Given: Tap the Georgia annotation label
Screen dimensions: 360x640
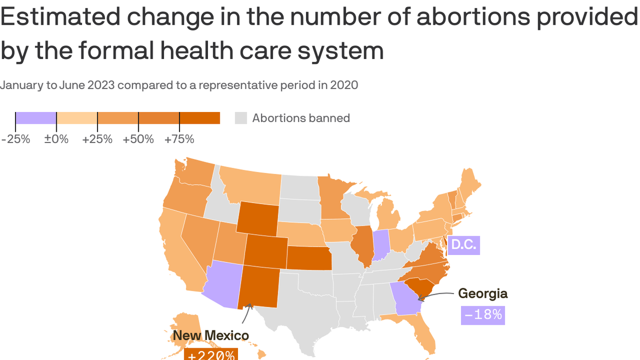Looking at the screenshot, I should [483, 293].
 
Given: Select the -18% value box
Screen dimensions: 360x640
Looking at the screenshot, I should [483, 315].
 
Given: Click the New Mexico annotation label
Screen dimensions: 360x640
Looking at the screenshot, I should [211, 335].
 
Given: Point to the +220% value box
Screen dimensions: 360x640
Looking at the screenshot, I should [211, 354].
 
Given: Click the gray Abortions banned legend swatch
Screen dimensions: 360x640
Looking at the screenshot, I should [241, 118].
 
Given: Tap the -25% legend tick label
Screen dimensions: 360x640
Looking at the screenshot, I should [15, 139].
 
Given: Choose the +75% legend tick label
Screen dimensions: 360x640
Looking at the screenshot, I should [179, 139].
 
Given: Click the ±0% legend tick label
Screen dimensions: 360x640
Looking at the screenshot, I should [56, 139].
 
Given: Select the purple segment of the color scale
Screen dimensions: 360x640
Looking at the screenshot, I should [36, 118].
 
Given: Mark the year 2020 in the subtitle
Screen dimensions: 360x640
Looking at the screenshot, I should [344, 85].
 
